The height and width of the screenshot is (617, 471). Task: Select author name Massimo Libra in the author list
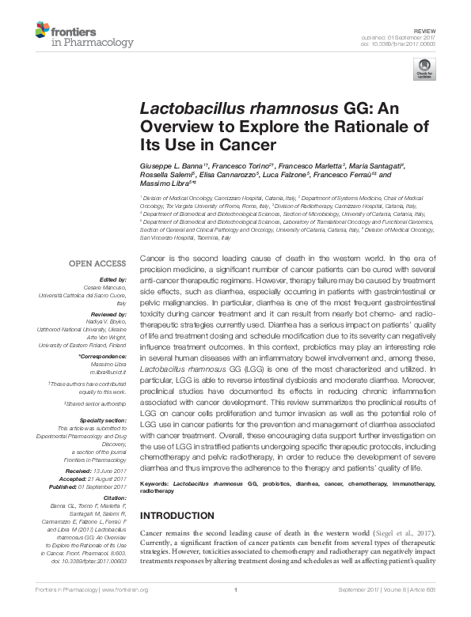tap(165, 184)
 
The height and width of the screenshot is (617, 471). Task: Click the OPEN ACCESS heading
tap(97, 263)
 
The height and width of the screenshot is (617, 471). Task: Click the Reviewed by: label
tap(108, 314)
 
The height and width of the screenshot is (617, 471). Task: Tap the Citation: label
tap(114, 498)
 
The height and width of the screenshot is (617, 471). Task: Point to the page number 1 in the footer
tap(236, 611)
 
